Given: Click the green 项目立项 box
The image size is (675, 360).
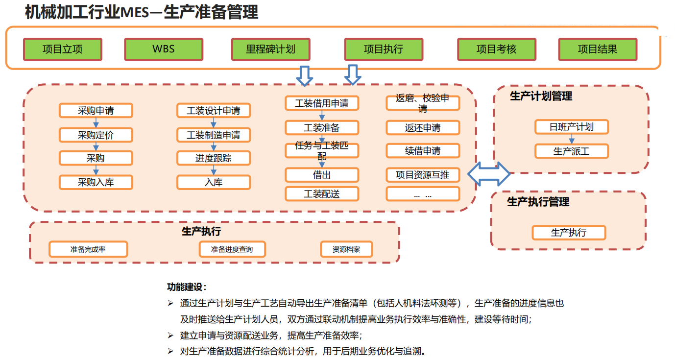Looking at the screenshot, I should point(63,49).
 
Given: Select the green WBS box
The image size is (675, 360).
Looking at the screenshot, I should point(164,49).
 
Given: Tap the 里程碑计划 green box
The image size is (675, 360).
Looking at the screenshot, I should point(270,49).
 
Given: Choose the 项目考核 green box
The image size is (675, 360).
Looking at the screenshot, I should point(496,49).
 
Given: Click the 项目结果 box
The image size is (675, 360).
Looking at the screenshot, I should point(598,49).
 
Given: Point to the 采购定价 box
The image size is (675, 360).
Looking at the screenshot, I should point(96,135).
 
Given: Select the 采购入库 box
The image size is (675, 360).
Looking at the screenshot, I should point(96,182).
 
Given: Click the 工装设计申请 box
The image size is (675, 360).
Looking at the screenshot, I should point(214,111).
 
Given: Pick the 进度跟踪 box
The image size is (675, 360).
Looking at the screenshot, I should point(214,158).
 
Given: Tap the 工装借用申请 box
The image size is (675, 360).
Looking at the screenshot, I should point(322,103).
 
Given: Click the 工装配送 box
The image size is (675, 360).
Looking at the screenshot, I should point(322,194).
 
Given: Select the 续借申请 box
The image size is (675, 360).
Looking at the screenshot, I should point(423,151).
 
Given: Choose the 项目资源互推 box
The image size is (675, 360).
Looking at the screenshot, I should point(423,175).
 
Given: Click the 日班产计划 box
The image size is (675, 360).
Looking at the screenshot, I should point(571,127).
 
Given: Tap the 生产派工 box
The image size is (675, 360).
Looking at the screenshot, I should point(571,151).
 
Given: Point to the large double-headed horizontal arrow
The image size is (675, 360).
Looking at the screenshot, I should point(489,174).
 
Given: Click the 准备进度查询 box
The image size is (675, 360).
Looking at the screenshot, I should point(232,249).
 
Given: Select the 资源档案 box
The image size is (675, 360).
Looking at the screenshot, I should point(346,249).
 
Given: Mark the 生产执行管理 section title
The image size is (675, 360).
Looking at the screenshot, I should point(538,202).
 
